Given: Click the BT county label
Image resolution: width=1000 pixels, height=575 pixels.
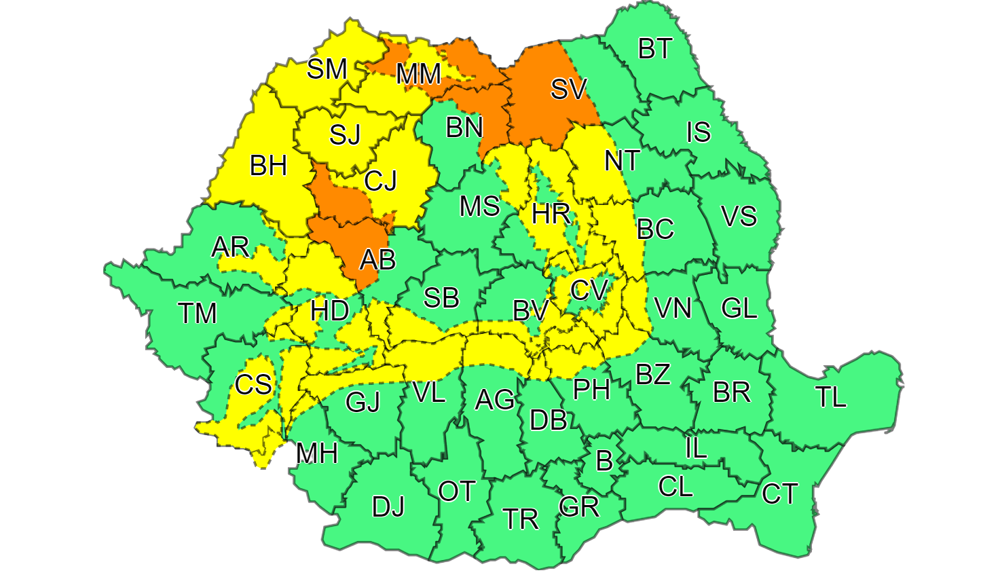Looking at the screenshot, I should coord(655,49).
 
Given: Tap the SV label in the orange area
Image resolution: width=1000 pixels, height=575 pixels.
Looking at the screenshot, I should coord(568,89).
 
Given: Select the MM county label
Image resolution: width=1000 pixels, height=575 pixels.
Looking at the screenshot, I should coord(418,74).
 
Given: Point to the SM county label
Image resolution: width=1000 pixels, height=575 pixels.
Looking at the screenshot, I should coord(327,69).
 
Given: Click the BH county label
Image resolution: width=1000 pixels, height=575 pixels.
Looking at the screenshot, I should coord(268,166).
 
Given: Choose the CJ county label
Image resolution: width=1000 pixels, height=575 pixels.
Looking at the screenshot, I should coord(380,181).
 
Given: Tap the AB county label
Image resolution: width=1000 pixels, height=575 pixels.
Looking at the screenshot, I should coord(377,259).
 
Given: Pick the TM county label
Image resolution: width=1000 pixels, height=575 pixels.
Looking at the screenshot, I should coord(197,314).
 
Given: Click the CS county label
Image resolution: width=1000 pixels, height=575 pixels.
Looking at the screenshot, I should coord(253,385).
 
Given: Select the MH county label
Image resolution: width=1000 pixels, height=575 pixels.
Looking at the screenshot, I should coord(316,453).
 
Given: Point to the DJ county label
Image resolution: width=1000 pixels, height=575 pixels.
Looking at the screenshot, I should coord(388,506).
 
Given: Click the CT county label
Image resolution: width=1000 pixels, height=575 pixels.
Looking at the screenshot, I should coord(779,494).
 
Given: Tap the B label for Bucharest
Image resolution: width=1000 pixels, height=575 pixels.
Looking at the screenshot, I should coord(604,462).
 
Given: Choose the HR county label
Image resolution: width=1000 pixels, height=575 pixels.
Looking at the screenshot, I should coord(550,215).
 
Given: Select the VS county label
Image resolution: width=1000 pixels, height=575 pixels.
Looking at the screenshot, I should coord(739,217).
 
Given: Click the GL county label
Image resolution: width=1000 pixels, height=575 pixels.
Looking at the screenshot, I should coord(739,309).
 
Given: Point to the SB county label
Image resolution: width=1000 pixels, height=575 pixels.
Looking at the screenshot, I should coord(441,298).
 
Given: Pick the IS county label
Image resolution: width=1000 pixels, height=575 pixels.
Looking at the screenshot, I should coord(698,132).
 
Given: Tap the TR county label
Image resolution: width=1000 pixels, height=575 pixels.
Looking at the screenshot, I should coord(521,519).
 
